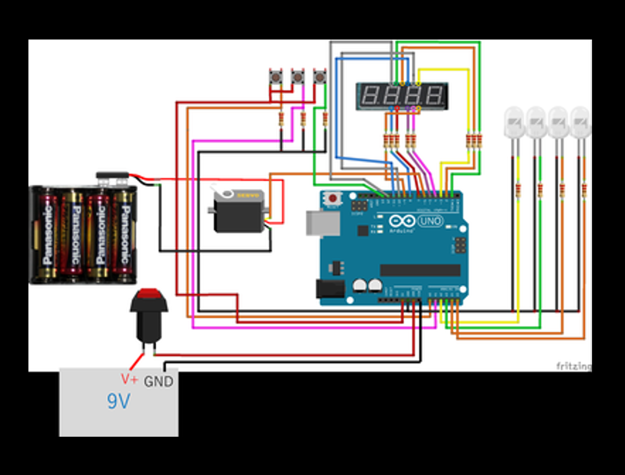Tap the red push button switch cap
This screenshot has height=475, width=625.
[149, 294]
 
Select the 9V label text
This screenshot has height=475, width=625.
[119, 401]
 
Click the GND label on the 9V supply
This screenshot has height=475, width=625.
[158, 382]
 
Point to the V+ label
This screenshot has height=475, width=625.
[129, 379]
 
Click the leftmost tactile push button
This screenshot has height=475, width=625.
[275, 77]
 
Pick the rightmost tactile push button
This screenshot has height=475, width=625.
[319, 77]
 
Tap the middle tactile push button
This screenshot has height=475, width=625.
[297, 77]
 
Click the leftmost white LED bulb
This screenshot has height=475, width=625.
[514, 121]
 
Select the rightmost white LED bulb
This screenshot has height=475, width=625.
[581, 121]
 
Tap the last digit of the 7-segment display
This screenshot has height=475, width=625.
[434, 95]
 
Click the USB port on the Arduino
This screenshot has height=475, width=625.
[322, 223]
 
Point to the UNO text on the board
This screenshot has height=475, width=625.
[430, 221]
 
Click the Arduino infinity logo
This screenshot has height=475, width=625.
[401, 221]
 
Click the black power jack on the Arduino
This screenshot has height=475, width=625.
[330, 289]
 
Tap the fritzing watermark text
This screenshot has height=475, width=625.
[574, 366]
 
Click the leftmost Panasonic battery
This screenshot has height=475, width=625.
[47, 235]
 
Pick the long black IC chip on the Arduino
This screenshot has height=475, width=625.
[420, 270]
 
